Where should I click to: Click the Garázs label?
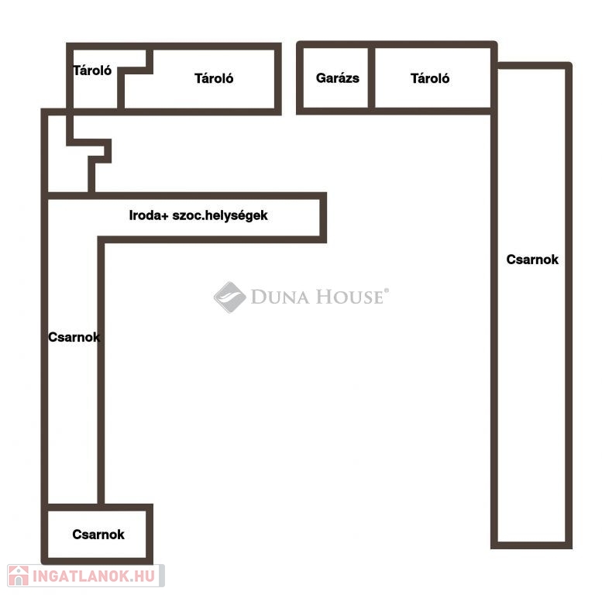pos(338,78)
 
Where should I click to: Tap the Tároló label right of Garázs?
pos(430,78)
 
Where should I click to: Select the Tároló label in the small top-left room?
pos(92,71)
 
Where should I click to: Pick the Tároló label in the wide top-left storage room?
pos(214,78)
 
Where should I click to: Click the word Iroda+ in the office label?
pos(149,215)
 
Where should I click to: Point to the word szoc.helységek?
pos(220,215)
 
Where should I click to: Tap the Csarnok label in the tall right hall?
pos(532,260)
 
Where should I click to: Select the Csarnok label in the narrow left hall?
pos(74,337)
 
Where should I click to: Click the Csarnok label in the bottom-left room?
pos(98,535)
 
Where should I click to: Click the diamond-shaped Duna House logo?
pos(229,297)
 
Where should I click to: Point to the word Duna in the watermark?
pos(280,297)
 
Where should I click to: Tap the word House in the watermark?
pos(349,297)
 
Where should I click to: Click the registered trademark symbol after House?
pos(387,291)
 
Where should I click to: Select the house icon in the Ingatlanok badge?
pos(19,576)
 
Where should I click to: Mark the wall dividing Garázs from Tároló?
pos(371,78)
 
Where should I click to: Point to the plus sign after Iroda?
pos(165,216)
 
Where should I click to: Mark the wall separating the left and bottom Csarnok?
pos(73,507)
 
